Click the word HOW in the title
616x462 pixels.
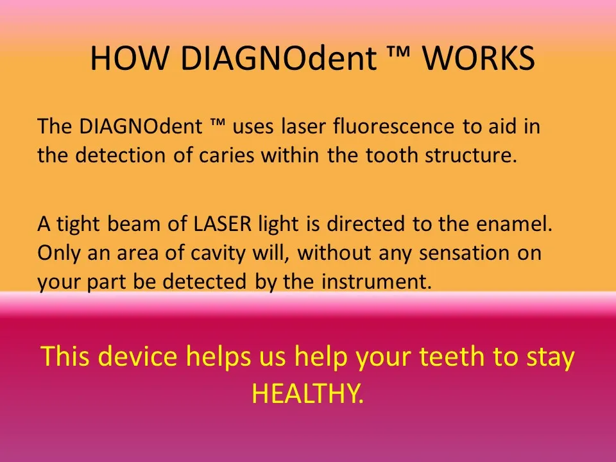[129, 58]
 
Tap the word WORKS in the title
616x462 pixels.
[479, 58]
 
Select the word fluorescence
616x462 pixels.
[393, 126]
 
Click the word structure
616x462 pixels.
[470, 155]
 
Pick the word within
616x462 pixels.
[290, 155]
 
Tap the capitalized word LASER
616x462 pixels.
[223, 224]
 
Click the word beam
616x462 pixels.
[133, 223]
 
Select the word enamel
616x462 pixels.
[514, 224]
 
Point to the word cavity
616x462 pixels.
[218, 253]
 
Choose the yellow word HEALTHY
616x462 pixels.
[307, 393]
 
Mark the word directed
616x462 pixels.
[365, 223]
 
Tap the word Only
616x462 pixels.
[59, 253]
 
